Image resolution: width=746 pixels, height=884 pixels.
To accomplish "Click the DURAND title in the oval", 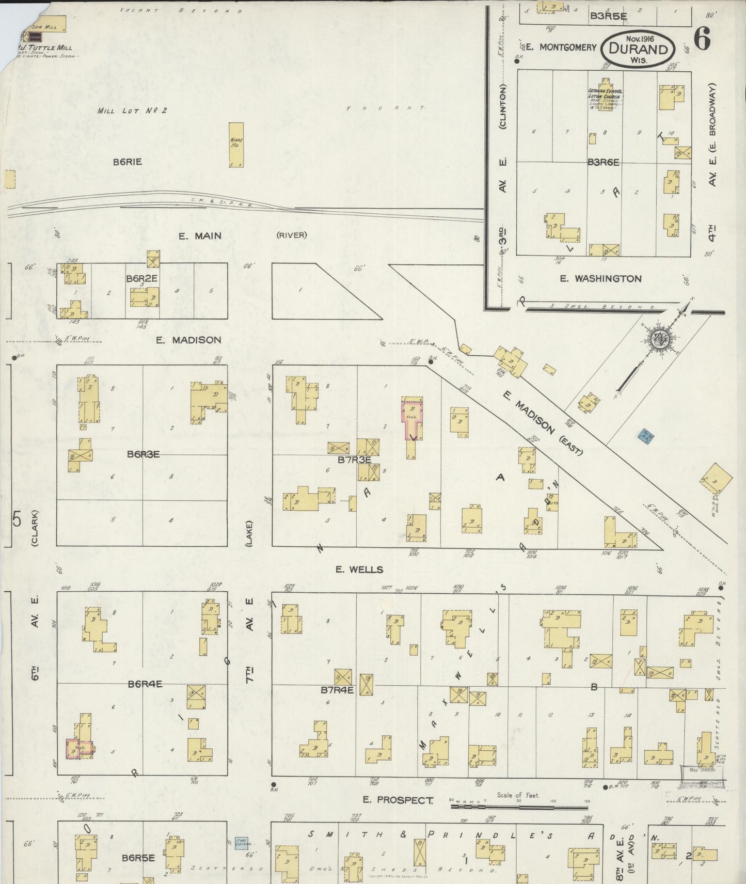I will [638, 50].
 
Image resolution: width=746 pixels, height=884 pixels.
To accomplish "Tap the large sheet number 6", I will [702, 39].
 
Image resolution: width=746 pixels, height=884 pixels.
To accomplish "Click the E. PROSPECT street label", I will [398, 800].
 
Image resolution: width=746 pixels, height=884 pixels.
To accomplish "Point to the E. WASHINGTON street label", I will [601, 279].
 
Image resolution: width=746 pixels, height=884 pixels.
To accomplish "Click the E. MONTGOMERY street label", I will [568, 48].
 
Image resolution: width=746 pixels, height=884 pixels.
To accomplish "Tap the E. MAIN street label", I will [200, 236].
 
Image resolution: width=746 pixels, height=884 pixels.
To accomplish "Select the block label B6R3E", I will [143, 454].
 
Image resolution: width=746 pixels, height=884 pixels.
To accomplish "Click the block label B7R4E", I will [337, 689].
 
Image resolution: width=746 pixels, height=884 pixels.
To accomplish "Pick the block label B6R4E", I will [145, 684].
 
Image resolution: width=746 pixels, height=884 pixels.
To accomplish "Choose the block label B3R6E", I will [603, 162].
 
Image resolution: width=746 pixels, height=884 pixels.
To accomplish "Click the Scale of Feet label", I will [518, 795].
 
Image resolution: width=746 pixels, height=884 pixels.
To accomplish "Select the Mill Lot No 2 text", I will [132, 110].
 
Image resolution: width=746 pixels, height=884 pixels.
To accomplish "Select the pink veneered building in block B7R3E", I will [412, 416].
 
